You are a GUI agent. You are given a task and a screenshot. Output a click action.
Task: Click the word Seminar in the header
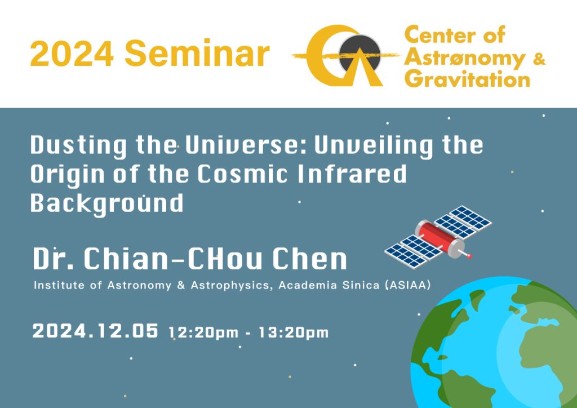click(x=197, y=54)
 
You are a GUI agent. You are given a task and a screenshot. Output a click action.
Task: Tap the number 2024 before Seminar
click(x=72, y=54)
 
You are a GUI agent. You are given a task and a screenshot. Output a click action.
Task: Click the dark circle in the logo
click(x=359, y=52)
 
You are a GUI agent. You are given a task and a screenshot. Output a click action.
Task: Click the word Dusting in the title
click(x=79, y=146)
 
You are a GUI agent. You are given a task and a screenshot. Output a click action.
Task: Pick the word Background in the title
click(x=106, y=203)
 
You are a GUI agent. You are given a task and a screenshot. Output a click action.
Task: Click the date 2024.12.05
click(x=95, y=330)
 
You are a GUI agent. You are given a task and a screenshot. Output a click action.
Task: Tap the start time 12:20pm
click(x=204, y=332)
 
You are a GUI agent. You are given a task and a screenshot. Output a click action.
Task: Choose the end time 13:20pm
click(x=293, y=332)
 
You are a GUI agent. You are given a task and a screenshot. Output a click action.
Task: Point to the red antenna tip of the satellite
click(x=469, y=256)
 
